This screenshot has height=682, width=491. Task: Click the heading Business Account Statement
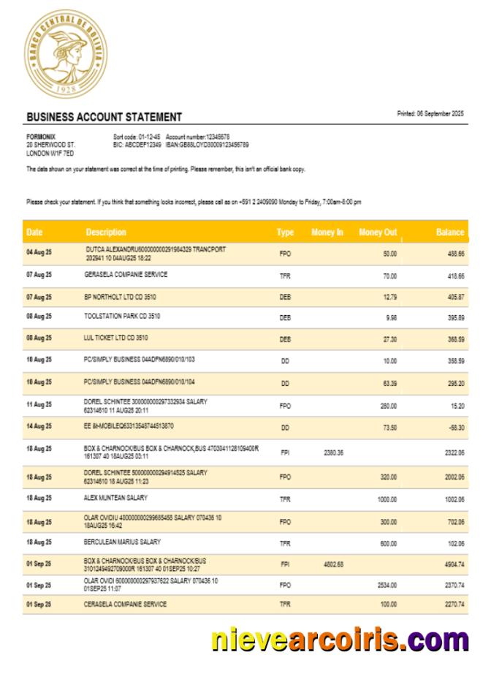104,117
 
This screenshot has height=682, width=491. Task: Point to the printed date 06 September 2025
430,113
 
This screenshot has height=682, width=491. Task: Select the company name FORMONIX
41,137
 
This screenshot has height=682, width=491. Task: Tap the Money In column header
327,232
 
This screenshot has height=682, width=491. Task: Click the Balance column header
450,232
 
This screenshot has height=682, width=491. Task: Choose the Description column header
106,232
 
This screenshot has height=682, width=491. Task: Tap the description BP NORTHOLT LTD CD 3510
121,297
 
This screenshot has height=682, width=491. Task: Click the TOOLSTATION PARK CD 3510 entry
123,317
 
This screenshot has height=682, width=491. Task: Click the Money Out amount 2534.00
387,585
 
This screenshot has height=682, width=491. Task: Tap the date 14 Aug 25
39,426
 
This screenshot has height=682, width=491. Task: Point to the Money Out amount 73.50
389,427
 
